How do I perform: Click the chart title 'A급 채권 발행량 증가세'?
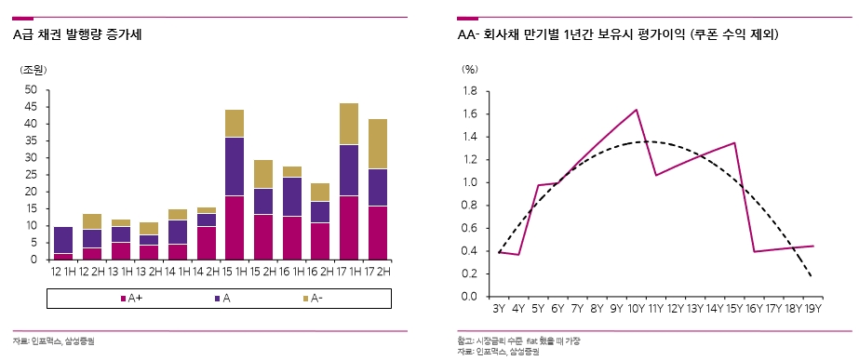[78, 34]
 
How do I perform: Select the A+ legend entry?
[130, 298]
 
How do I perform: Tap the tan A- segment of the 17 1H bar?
[349, 124]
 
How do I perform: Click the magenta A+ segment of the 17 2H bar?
[378, 233]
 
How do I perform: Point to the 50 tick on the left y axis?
[31, 90]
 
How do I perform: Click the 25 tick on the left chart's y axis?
[31, 175]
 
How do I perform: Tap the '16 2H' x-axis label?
[320, 270]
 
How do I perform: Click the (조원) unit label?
[34, 70]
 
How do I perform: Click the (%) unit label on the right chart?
[470, 70]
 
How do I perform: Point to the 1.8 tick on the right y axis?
[470, 91]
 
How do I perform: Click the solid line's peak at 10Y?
[638, 110]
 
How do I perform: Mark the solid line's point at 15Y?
[735, 143]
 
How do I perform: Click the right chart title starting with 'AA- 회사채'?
[618, 34]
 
